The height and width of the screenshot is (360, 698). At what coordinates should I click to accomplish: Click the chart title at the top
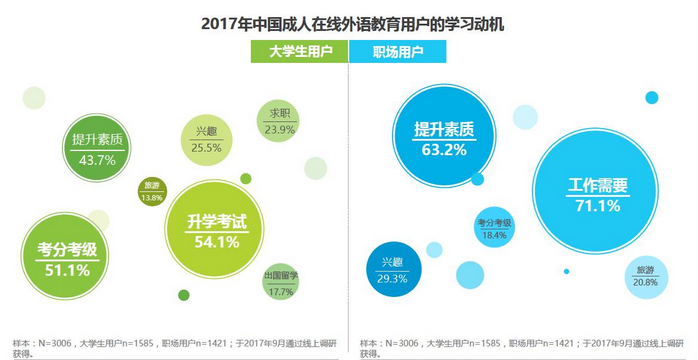click(x=350, y=20)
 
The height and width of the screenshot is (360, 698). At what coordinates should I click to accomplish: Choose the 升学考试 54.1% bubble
click(x=216, y=229)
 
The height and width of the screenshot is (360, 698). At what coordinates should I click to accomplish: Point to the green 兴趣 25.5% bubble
click(x=206, y=141)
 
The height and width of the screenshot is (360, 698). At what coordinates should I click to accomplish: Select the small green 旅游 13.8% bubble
click(x=152, y=191)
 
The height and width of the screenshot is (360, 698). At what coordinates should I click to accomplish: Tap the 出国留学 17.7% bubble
click(x=281, y=283)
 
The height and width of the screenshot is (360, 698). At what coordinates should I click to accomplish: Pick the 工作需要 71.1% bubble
click(x=597, y=194)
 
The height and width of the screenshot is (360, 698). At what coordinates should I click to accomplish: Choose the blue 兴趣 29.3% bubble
click(x=392, y=269)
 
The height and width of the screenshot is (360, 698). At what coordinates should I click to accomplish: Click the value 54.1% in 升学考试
click(x=217, y=241)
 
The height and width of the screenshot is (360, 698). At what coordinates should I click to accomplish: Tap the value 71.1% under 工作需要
click(x=597, y=206)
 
